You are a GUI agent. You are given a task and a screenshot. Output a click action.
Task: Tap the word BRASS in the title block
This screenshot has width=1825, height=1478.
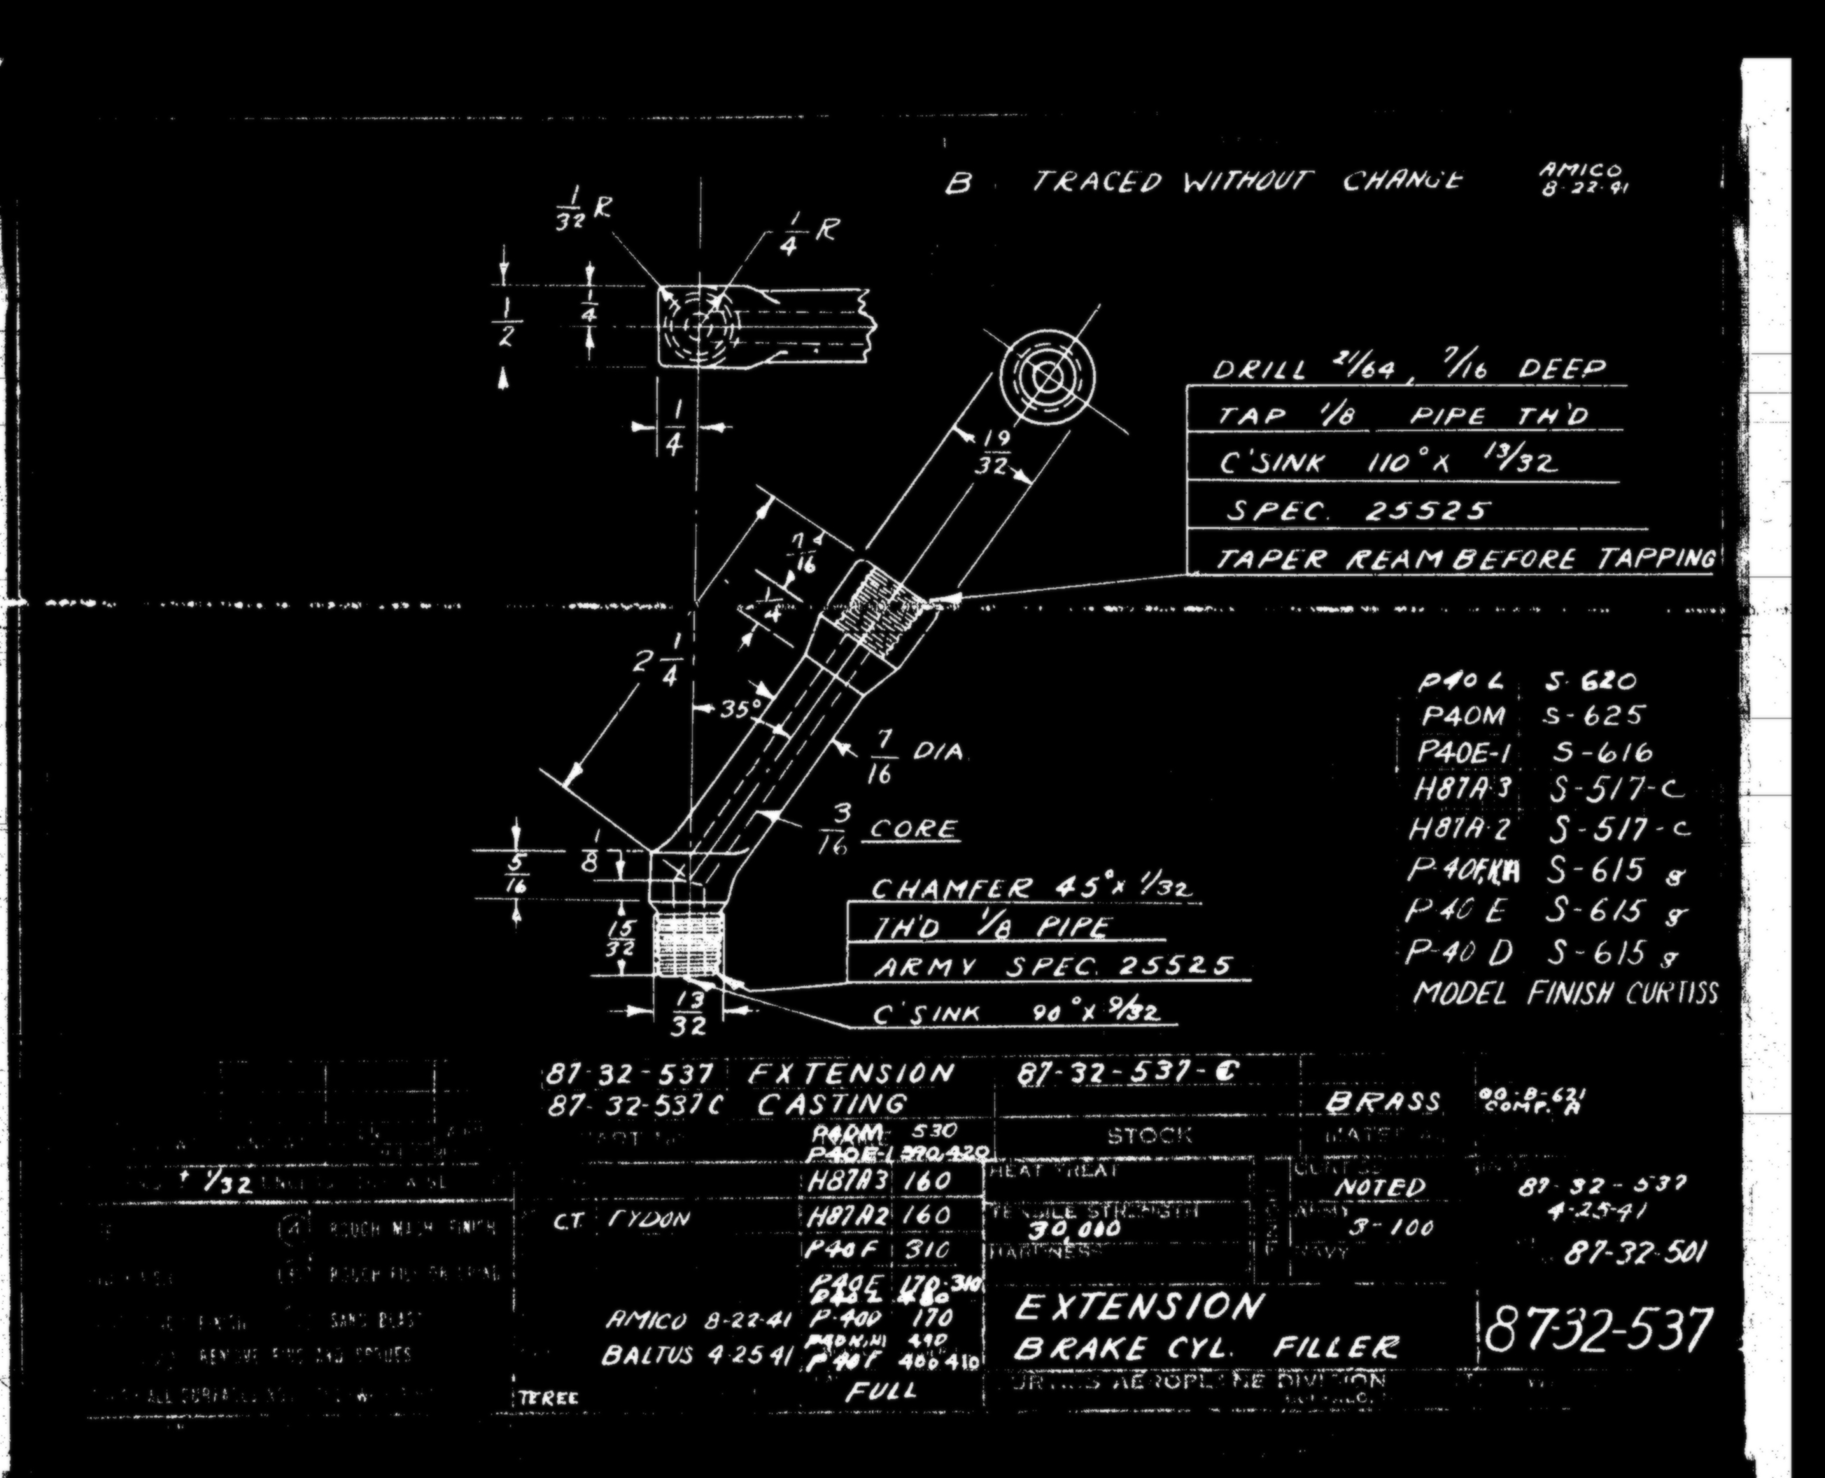coord(1382,1104)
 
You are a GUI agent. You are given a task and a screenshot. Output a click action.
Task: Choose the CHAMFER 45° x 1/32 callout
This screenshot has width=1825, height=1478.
coord(1030,889)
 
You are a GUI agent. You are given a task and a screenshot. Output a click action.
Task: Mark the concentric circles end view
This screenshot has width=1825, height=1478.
coord(1047,377)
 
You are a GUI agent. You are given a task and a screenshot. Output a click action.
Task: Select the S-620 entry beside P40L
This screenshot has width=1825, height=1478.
coord(1589,681)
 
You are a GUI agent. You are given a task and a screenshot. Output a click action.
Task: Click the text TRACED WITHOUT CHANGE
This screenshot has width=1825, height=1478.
coord(1248,182)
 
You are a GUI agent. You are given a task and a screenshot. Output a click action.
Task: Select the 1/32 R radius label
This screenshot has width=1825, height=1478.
coord(579,209)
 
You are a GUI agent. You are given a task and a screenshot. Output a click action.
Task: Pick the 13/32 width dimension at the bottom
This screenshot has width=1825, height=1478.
coord(687,1013)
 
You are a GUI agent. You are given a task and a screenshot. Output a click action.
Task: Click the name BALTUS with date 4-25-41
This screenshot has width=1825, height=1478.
coord(695,1356)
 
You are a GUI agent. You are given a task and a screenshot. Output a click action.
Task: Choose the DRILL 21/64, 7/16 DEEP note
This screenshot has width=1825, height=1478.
coord(1409,369)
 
